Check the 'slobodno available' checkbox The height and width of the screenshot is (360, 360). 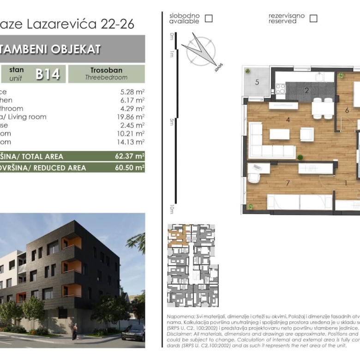[x=209, y=18]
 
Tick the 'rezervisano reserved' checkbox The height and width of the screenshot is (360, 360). [x=313, y=18]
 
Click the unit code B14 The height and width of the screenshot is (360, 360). [x=48, y=74]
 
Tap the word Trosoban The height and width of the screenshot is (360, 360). [x=107, y=70]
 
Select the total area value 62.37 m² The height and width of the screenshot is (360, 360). [x=130, y=156]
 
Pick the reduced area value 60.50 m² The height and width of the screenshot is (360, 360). [x=130, y=168]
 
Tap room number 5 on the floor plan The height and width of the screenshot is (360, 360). [x=257, y=83]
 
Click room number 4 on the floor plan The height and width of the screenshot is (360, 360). [x=288, y=120]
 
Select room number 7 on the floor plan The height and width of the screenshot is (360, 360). [x=288, y=183]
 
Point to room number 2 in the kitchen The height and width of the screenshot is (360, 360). [x=306, y=90]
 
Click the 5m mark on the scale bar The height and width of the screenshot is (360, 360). [x=171, y=121]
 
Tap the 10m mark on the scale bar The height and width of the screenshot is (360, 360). [x=171, y=209]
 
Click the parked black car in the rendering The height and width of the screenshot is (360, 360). [x=133, y=332]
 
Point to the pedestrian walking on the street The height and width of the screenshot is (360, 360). [x=75, y=331]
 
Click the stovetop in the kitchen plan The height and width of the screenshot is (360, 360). [x=280, y=88]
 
